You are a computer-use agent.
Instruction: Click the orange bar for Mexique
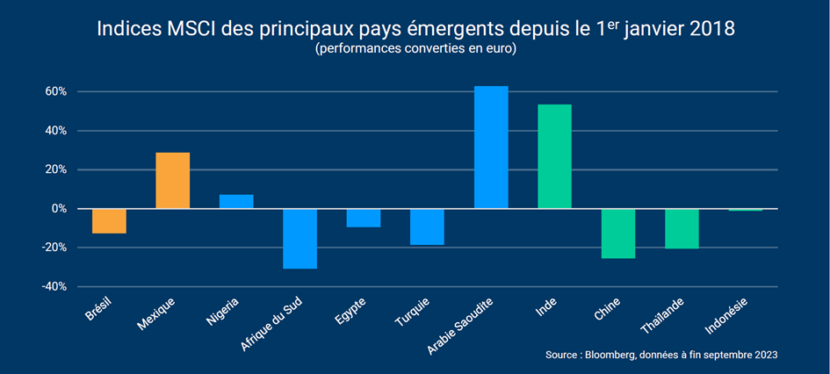click(x=172, y=180)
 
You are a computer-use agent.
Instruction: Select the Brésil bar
click(x=109, y=220)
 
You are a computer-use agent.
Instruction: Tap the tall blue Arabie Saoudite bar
click(x=491, y=147)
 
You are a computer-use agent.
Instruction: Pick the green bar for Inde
click(x=554, y=156)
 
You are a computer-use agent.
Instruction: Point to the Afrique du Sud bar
click(x=300, y=238)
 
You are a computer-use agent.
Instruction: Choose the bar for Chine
click(x=617, y=234)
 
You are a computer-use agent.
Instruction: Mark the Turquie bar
click(x=427, y=227)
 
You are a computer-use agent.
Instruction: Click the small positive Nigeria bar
click(x=236, y=201)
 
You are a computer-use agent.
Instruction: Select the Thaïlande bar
click(x=681, y=228)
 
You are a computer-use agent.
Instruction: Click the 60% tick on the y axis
click(x=56, y=91)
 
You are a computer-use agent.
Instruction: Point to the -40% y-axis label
click(x=54, y=286)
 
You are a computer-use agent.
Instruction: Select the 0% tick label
click(x=59, y=209)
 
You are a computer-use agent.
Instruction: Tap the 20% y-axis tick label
click(x=56, y=169)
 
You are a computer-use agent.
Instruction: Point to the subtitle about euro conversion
click(x=415, y=50)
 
